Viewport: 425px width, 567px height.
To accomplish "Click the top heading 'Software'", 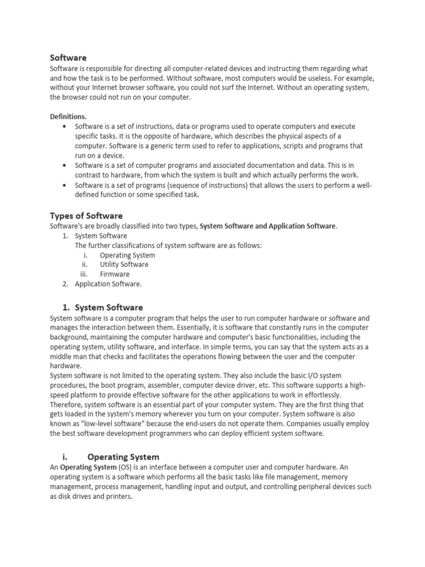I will pyautogui.click(x=68, y=58).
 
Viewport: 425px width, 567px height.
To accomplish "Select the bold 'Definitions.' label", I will pyautogui.click(x=68, y=116).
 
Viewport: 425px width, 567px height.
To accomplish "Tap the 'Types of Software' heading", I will pyautogui.click(x=86, y=215).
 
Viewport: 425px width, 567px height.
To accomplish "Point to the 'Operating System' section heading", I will pyautogui.click(x=123, y=457).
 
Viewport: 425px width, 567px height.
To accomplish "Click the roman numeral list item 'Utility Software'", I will pyautogui.click(x=124, y=265).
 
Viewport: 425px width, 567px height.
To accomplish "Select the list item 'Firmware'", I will pyautogui.click(x=115, y=274).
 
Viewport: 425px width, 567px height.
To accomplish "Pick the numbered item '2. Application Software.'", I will pyautogui.click(x=108, y=284).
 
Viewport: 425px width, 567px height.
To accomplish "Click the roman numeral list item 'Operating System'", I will pyautogui.click(x=127, y=255).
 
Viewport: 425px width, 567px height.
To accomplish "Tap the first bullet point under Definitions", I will pyautogui.click(x=65, y=127).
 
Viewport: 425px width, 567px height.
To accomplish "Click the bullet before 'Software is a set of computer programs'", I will pyautogui.click(x=65, y=165).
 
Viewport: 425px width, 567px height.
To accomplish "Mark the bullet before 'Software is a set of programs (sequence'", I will pyautogui.click(x=65, y=185).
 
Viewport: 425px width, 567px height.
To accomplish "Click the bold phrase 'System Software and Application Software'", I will pyautogui.click(x=267, y=226).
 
